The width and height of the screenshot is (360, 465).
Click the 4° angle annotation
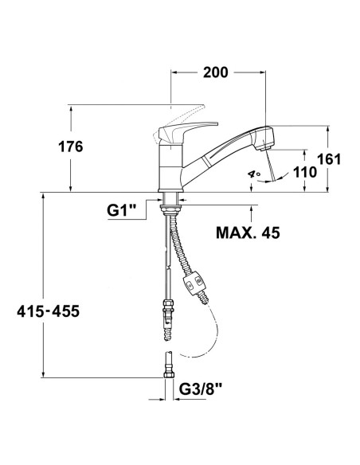(x=254, y=172)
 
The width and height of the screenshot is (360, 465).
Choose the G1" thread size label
(x=122, y=211)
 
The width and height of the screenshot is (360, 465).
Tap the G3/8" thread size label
(x=200, y=389)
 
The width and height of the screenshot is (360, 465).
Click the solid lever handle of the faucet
(x=191, y=127)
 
